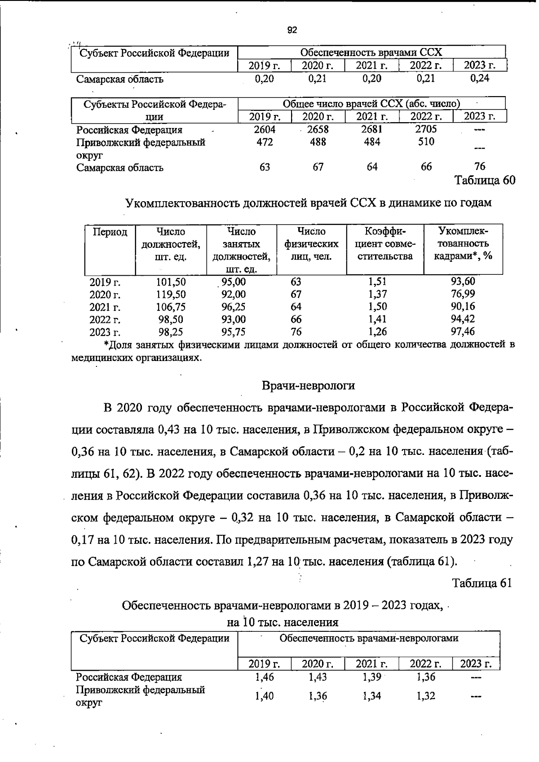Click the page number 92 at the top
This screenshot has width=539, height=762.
pyautogui.click(x=292, y=31)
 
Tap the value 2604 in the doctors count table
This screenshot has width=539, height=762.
pyautogui.click(x=264, y=129)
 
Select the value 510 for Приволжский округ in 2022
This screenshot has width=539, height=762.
pyautogui.click(x=425, y=142)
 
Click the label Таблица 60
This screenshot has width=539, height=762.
pyautogui.click(x=484, y=181)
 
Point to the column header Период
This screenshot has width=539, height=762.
pyautogui.click(x=110, y=232)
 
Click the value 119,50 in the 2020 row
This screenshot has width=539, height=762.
pyautogui.click(x=171, y=295)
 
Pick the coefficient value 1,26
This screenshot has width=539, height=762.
pyautogui.click(x=377, y=332)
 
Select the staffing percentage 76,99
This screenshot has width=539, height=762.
pyautogui.click(x=463, y=294)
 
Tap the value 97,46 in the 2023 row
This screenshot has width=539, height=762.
pyautogui.click(x=463, y=332)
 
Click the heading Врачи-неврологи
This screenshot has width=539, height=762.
pyautogui.click(x=308, y=385)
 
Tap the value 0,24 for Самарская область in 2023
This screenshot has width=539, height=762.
pyautogui.click(x=480, y=79)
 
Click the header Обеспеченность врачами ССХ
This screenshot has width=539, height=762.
pyautogui.click(x=371, y=52)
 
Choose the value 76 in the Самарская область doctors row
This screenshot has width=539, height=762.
pyautogui.click(x=480, y=167)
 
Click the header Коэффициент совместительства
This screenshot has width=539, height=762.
pyautogui.click(x=385, y=244)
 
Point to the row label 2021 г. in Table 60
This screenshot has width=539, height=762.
pyautogui.click(x=105, y=308)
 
